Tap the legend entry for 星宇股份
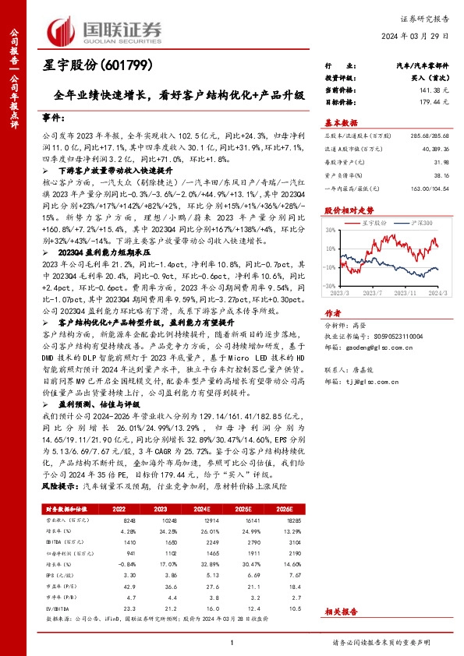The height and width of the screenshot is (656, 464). pyautogui.click(x=375, y=223)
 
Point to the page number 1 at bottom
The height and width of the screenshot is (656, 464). pyautogui.click(x=232, y=642)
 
